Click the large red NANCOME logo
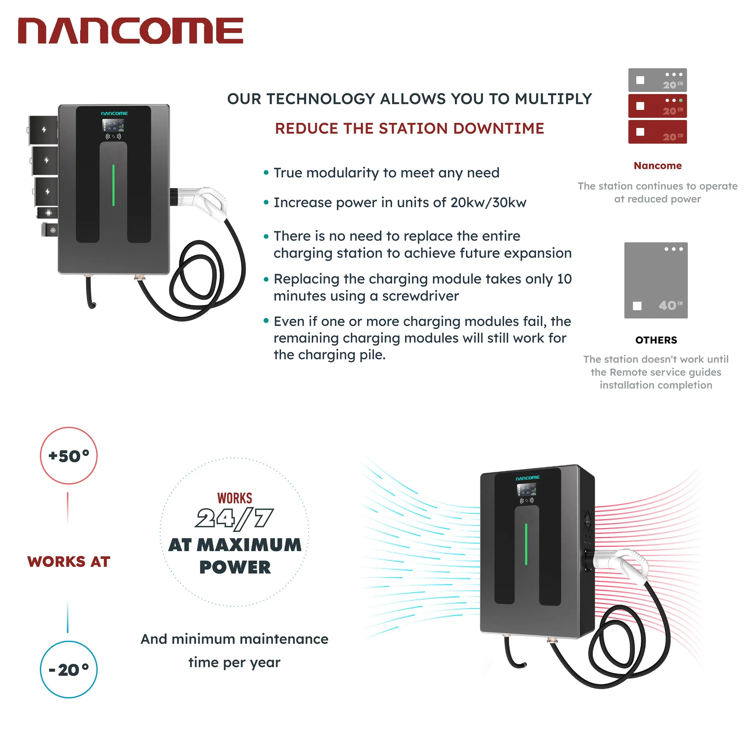tap(130, 31)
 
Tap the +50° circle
tap(69, 456)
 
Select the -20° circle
tap(69, 669)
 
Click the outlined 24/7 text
tap(234, 519)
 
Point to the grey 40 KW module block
tap(656, 280)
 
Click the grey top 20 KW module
tap(657, 80)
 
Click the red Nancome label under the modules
tap(657, 166)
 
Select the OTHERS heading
tap(656, 340)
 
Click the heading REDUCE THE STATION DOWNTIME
tap(409, 128)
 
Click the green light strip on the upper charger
tap(113, 185)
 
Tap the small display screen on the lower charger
tap(527, 490)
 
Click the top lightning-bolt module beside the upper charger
tap(44, 130)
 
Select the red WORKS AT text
tap(69, 561)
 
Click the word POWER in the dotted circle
tap(235, 567)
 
